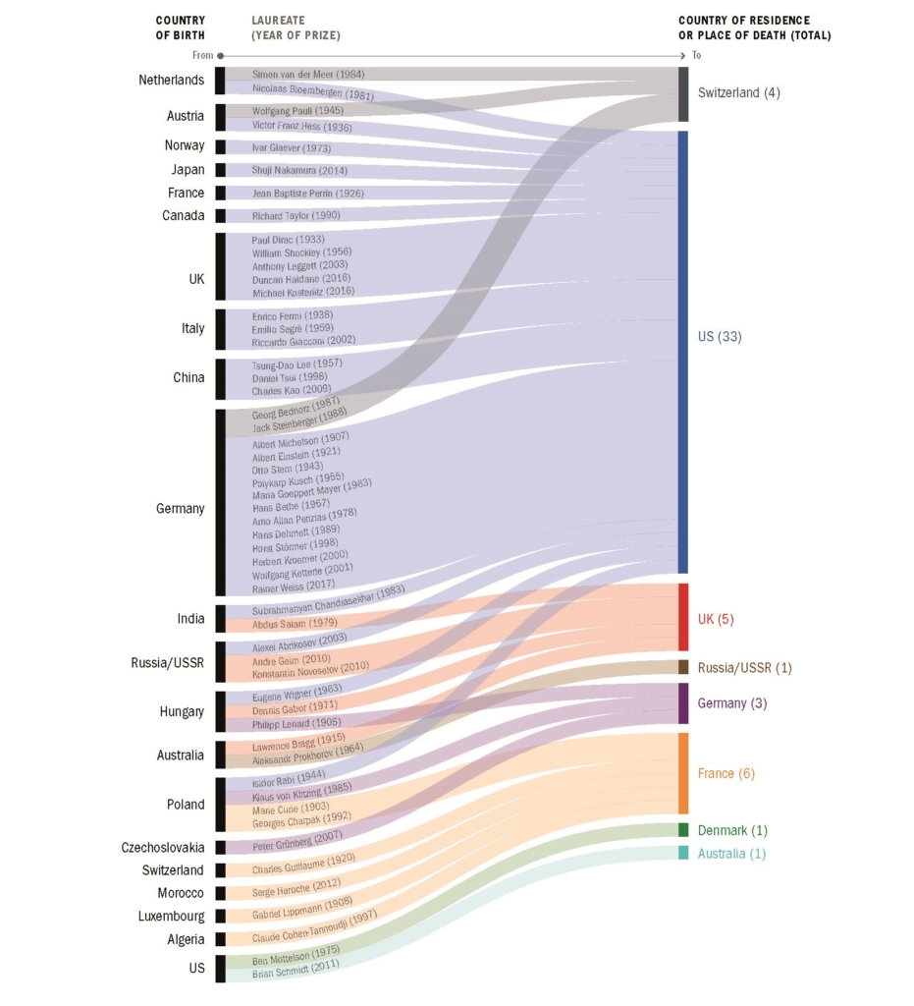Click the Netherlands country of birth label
click(171, 80)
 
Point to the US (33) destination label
click(720, 337)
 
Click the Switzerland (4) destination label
click(738, 92)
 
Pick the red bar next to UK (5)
click(683, 618)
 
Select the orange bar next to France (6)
click(683, 773)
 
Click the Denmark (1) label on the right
click(731, 830)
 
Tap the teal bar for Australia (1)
click(683, 853)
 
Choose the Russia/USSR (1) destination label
click(744, 668)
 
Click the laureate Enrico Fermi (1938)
click(291, 316)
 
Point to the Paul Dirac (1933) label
click(288, 240)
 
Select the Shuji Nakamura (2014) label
click(297, 170)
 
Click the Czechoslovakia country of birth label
click(163, 847)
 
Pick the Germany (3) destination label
click(732, 703)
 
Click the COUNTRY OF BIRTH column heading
click(181, 28)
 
